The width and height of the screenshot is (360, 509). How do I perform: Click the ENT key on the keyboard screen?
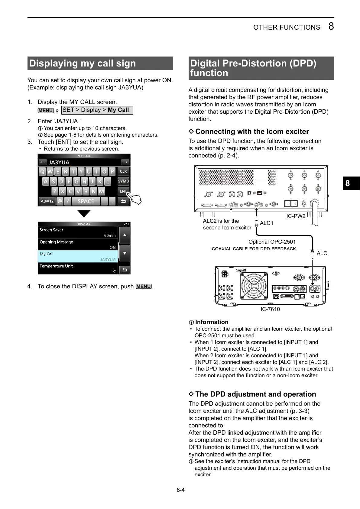click(x=123, y=191)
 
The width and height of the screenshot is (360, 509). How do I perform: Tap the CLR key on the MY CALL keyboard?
click(x=123, y=171)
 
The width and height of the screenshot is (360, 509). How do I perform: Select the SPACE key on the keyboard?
click(x=86, y=201)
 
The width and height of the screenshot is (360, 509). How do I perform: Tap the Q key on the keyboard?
click(x=42, y=172)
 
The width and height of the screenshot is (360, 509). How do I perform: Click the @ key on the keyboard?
click(x=60, y=201)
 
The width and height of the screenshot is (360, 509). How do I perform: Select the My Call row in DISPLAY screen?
click(x=78, y=256)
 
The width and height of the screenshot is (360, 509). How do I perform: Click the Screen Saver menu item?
click(x=78, y=232)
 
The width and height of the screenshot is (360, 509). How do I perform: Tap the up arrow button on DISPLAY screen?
click(x=125, y=235)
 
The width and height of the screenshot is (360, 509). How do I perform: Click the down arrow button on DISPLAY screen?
click(x=125, y=253)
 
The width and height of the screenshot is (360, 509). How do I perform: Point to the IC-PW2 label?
click(x=296, y=216)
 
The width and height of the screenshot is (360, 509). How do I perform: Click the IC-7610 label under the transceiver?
click(x=270, y=309)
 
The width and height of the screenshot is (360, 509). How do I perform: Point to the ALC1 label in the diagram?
click(x=266, y=223)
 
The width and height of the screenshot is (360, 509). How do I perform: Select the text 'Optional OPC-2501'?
click(x=272, y=242)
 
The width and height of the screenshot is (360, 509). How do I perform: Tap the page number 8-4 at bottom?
click(x=180, y=490)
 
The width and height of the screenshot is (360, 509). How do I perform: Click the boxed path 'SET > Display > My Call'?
click(x=97, y=110)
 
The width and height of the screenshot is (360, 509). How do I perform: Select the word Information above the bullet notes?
click(x=212, y=322)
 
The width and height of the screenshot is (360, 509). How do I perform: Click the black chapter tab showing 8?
click(x=351, y=183)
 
